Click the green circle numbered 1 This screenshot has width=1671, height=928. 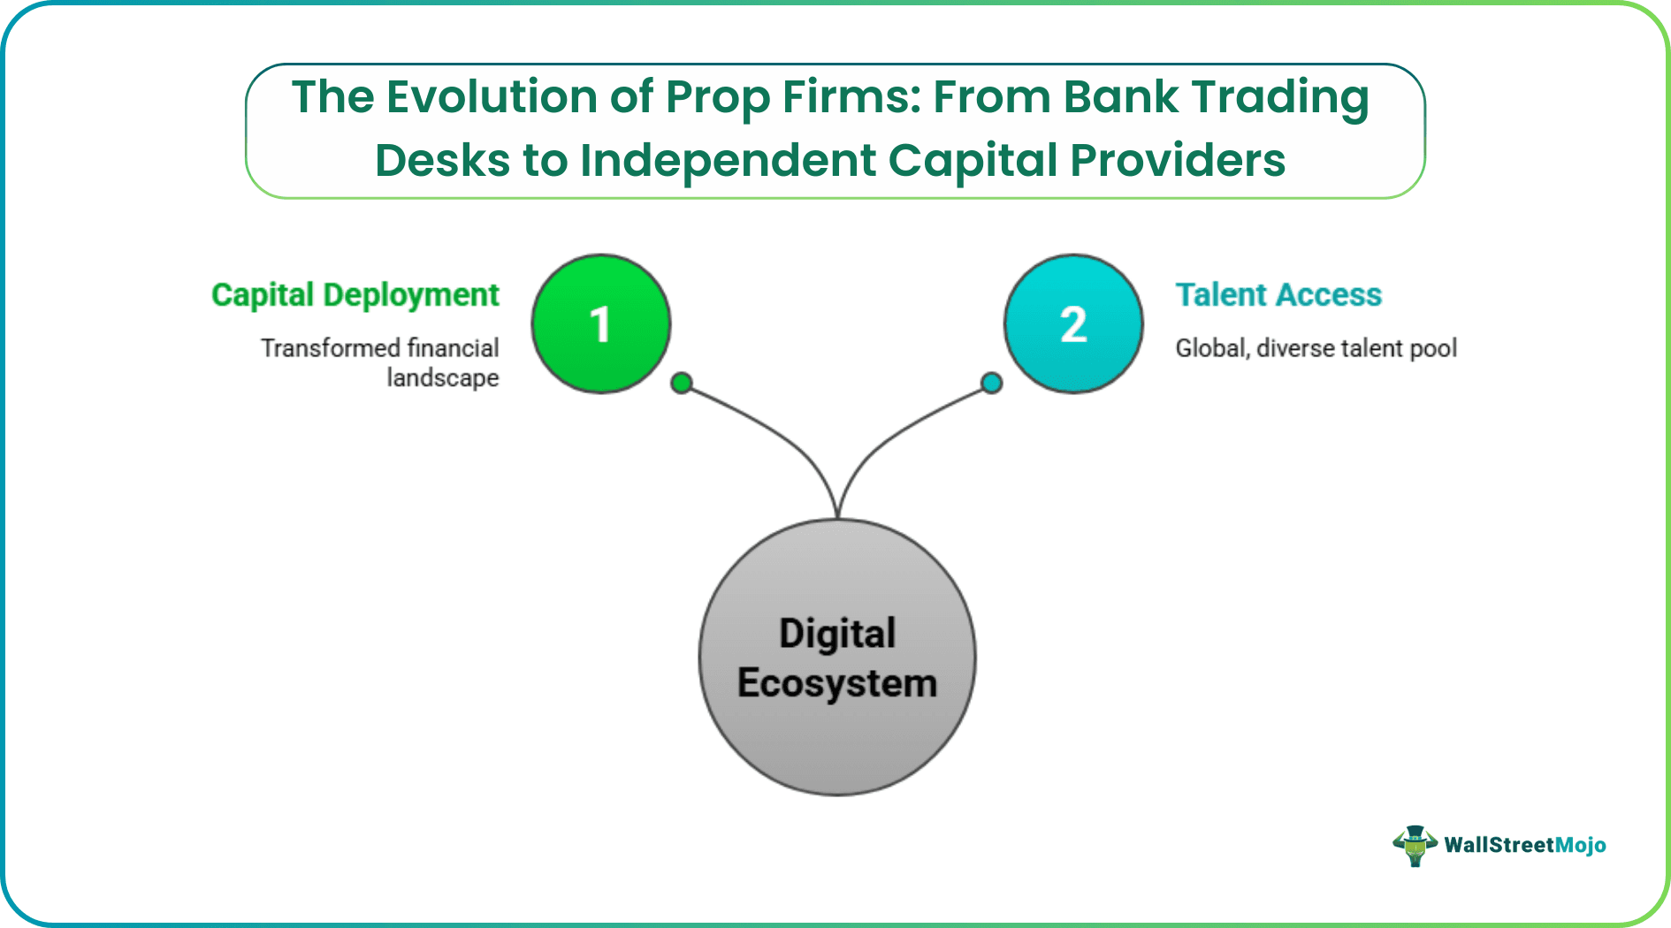[x=601, y=323]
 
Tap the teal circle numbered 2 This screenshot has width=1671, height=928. [x=1073, y=323]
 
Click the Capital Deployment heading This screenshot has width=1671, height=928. [x=355, y=294]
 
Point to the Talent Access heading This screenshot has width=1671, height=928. [x=1278, y=294]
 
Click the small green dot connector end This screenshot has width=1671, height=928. [x=681, y=383]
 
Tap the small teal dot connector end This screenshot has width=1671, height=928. [x=992, y=383]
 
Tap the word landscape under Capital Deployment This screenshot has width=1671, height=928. [x=442, y=378]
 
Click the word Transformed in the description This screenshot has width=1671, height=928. [x=331, y=348]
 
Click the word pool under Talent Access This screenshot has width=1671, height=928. [x=1433, y=348]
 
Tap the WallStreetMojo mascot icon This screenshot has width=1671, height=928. [x=1415, y=846]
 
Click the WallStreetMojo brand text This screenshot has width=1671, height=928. [x=1524, y=845]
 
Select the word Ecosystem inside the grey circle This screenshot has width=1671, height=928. [x=837, y=683]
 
